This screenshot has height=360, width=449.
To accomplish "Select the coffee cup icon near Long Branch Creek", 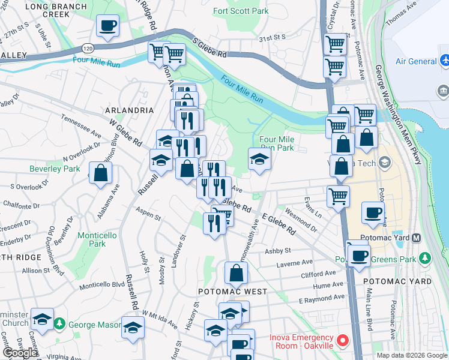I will pos(108,26).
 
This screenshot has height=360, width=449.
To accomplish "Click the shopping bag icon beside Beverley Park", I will pos(101,173).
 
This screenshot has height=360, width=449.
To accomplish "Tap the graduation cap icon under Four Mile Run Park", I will pos(259,159).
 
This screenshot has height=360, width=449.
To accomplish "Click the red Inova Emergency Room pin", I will pos(343,341).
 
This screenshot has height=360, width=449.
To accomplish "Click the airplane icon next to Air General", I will pos(445,61).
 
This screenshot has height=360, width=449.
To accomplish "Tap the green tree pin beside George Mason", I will pos(60,325).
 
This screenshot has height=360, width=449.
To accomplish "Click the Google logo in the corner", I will pos(20,353).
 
